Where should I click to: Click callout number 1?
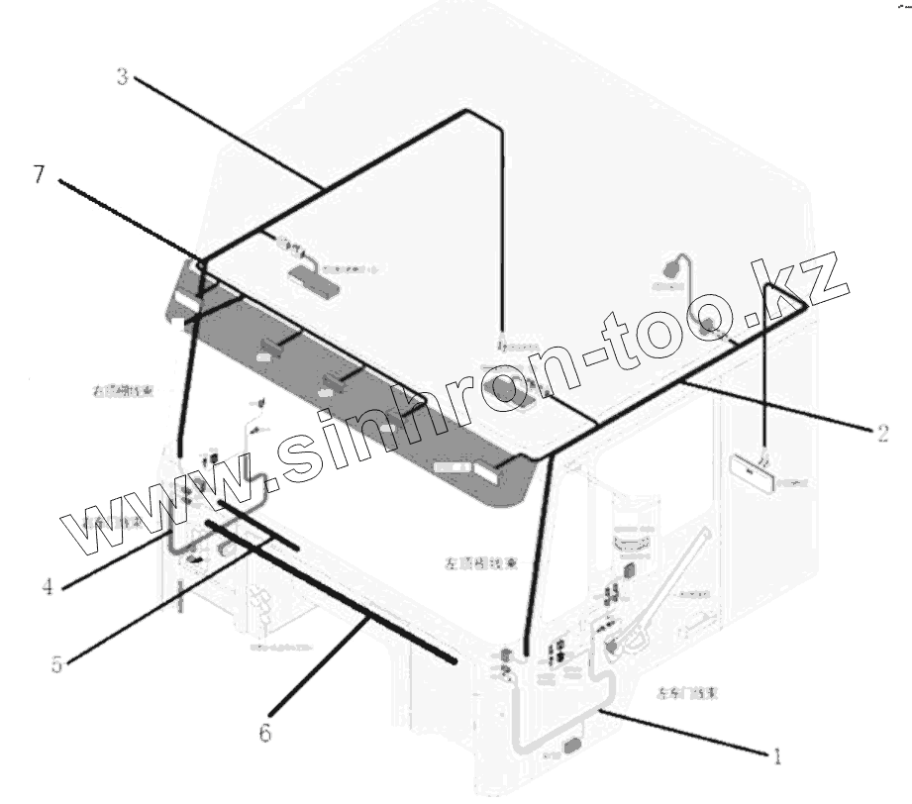(777, 756)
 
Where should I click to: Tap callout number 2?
(880, 431)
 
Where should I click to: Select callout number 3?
(123, 77)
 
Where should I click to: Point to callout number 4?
(47, 586)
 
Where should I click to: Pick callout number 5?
(56, 662)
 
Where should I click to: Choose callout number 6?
(264, 733)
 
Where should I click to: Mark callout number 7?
(39, 175)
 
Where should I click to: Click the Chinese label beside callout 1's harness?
(686, 694)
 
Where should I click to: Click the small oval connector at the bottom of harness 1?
(571, 745)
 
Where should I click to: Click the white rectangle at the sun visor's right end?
(489, 472)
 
